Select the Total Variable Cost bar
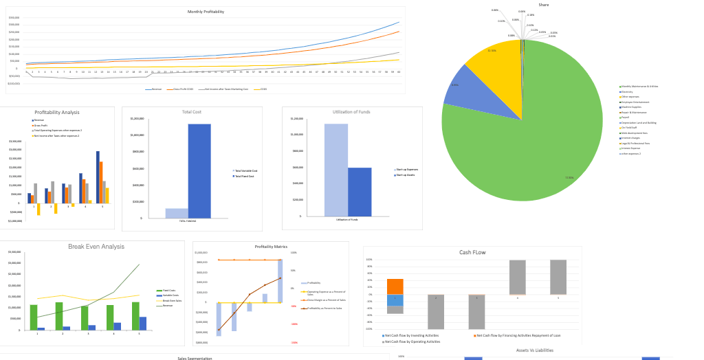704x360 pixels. point(177,213)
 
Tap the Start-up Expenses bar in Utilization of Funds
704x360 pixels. point(336,170)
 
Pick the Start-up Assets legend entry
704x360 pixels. point(408,175)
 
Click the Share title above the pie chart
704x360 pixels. point(544,5)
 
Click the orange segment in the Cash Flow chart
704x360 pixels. point(395,286)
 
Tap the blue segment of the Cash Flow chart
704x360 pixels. point(395,300)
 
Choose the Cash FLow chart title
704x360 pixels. point(472,252)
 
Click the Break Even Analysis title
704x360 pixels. point(96,247)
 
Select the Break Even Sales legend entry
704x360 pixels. point(171,301)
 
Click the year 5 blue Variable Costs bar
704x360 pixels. point(142,323)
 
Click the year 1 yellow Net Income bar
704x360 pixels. point(38,209)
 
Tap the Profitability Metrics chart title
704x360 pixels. point(271,247)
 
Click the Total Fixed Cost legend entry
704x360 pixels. point(245,177)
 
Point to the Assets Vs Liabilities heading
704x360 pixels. point(534,350)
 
